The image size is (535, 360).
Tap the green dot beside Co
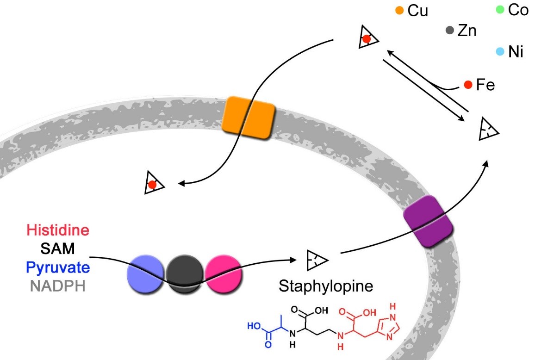tap(500, 9)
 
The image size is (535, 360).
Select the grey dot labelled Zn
tap(449, 31)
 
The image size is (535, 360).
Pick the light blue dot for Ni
tap(499, 52)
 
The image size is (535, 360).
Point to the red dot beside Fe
tap(468, 85)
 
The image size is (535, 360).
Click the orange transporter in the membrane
tap(248, 117)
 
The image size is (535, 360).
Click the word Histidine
tap(58, 230)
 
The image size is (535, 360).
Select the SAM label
tap(57, 249)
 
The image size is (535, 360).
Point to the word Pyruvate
tap(58, 267)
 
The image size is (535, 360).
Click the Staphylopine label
tap(325, 286)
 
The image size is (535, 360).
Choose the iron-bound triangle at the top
tap(367, 38)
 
